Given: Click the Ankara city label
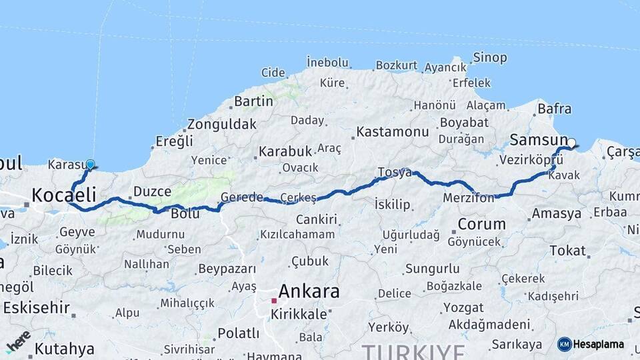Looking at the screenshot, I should [309, 291].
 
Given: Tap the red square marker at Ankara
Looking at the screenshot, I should [273, 301].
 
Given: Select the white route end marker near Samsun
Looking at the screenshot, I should [571, 142].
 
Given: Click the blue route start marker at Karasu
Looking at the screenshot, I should [91, 163].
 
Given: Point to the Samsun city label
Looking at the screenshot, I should [537, 139].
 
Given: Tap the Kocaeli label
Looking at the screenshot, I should [64, 195].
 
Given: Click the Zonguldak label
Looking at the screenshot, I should [222, 125].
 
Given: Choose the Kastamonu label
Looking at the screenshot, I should [393, 132].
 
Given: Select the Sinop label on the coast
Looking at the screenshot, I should [489, 57].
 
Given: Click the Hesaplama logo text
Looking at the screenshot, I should [597, 345].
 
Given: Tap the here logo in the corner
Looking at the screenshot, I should [18, 341].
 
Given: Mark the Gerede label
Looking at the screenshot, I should [241, 198].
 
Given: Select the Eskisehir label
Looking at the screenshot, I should [36, 307].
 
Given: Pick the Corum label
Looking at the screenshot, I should [482, 224].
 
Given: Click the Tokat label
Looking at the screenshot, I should [567, 251].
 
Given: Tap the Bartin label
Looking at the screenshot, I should [253, 101].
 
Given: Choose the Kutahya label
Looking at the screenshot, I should [64, 348].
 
